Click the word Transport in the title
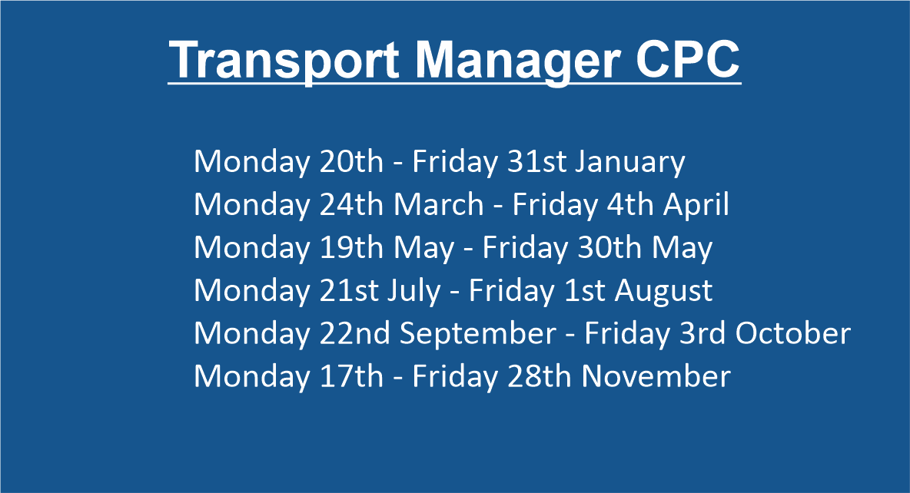[x=284, y=61]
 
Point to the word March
[x=439, y=204]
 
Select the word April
[x=696, y=205]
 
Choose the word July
[x=414, y=291]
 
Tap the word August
[x=663, y=291]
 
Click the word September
[x=478, y=334]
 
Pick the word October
[x=792, y=333]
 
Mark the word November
[x=656, y=376]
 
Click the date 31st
[x=536, y=161]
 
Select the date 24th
[x=352, y=204]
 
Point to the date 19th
[x=352, y=247]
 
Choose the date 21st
[x=350, y=290]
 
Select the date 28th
[x=540, y=376]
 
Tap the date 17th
[x=352, y=376]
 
